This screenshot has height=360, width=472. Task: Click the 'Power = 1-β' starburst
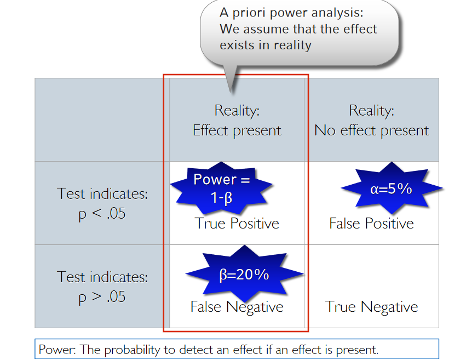pos(221,187)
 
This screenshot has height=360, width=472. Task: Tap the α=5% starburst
pos(391,188)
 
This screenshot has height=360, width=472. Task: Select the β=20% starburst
pos(244,274)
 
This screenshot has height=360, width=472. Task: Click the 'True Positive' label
pos(237,224)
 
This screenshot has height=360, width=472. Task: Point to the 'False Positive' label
pos(371,224)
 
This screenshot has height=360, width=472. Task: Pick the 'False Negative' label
pos(237,307)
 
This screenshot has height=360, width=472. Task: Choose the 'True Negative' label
pos(371,307)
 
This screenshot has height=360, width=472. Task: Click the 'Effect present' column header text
pos(237,130)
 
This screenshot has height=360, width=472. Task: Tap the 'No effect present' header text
pos(371,130)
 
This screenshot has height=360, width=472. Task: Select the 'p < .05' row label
pos(102,213)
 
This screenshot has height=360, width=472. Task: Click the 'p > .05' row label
pos(102,296)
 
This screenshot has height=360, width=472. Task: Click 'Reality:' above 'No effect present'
pos(371,110)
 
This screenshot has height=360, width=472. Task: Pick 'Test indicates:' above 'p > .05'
pos(102,277)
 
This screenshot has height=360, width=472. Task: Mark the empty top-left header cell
pos(102,119)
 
